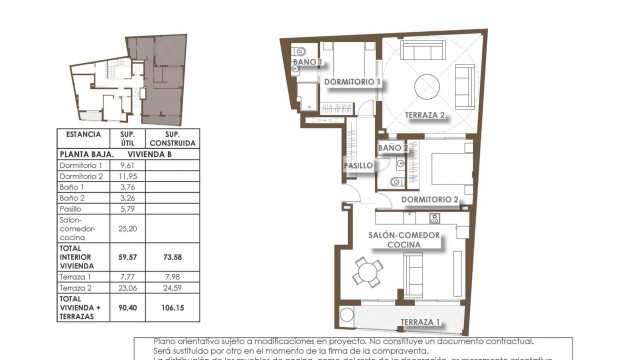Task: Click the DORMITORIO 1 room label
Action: (353, 81)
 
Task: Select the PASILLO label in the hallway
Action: (359, 165)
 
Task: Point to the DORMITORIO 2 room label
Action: (428, 199)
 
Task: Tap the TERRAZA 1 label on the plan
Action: (421, 322)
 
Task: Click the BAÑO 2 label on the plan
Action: (391, 148)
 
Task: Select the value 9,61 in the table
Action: (127, 166)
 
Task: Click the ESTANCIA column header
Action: (83, 133)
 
